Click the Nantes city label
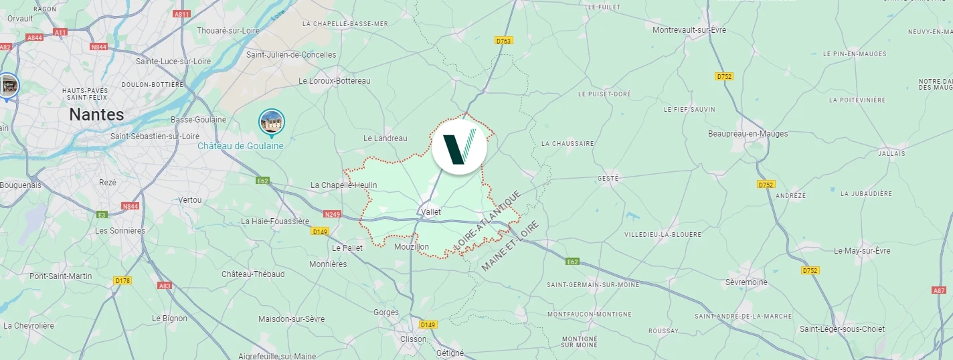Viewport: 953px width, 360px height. click(x=96, y=114)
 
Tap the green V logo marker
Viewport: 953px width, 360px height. click(x=459, y=147)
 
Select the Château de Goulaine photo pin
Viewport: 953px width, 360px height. click(x=272, y=122)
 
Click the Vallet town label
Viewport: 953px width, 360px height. click(x=431, y=211)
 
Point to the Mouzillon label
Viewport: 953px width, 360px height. click(x=412, y=247)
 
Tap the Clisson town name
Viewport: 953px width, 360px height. click(x=412, y=339)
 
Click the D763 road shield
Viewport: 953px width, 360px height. click(x=504, y=41)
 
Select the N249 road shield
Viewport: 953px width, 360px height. click(x=332, y=214)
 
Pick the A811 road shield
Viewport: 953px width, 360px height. click(x=181, y=14)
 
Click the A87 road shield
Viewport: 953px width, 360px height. click(x=939, y=290)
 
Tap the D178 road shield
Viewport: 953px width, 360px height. click(x=122, y=280)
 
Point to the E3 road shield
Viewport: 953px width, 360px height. click(x=102, y=215)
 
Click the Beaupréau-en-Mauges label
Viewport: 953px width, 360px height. click(x=748, y=134)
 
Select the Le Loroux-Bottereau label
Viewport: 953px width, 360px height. click(x=334, y=81)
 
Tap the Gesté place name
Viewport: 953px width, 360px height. click(x=608, y=179)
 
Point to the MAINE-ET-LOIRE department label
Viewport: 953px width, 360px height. click(x=510, y=246)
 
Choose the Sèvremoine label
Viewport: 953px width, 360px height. click(x=746, y=282)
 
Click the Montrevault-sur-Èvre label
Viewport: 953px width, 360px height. click(x=689, y=30)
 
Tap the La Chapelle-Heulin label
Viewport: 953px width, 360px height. click(x=344, y=185)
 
